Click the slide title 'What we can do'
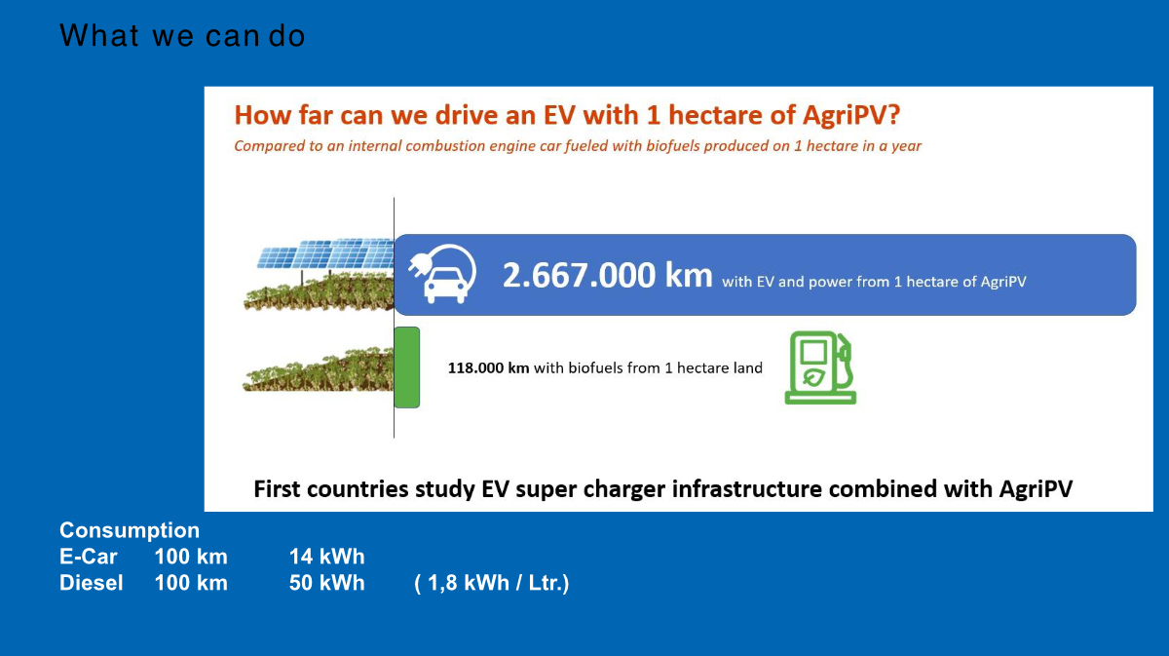pos(182,35)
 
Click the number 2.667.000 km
pos(607,275)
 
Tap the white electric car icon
pos(442,274)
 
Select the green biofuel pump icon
pos(820,367)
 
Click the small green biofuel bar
pos(406,367)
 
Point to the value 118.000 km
pos(488,367)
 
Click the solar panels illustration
pos(325,254)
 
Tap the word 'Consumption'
pos(130,530)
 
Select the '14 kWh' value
pos(326,557)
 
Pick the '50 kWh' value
pos(326,583)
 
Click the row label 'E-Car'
pos(89,557)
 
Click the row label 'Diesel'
pos(92,583)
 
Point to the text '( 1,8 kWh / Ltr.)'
pos(492,584)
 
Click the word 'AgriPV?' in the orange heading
pos(851,115)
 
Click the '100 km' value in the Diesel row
pos(191,583)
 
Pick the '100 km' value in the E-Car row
pos(191,557)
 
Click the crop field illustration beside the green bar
pos(318,369)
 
